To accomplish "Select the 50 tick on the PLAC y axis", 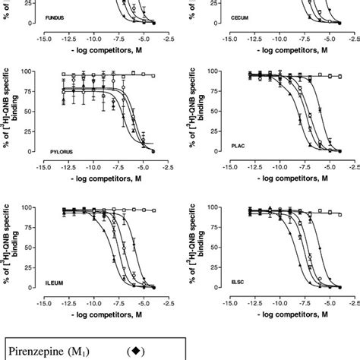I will (216, 111).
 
